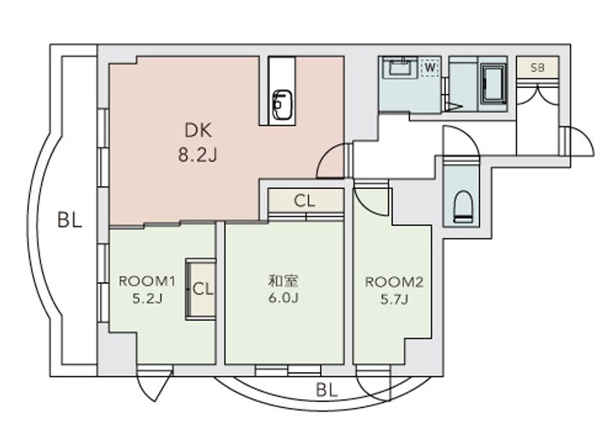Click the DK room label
pos(198,131)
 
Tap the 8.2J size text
pos(197,156)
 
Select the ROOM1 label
pos(147,281)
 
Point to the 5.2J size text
pos(147,299)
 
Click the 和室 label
pos(284,281)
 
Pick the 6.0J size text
pos(284,298)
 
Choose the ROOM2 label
pos(394,282)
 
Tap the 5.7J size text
pos(394,300)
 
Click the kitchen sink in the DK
pos(282,104)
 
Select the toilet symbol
pos(462,206)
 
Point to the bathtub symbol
pos(493,85)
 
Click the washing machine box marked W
pos(430,68)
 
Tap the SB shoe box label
pos(537,68)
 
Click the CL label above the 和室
pos(304,201)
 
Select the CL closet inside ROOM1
pos(201,289)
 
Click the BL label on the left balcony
pos(69,221)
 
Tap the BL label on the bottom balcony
pos(326,390)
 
